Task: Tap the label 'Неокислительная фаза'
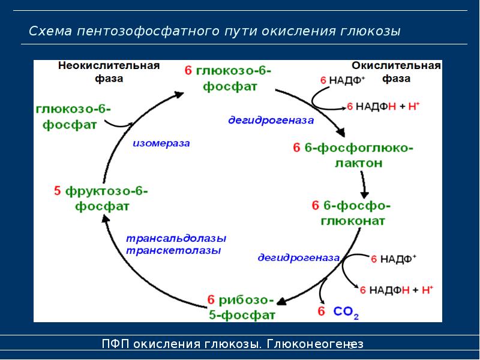click(109, 72)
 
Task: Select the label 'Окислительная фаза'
click(397, 72)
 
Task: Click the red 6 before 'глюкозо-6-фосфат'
click(188, 71)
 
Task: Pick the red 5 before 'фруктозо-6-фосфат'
click(58, 191)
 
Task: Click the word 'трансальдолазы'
click(176, 238)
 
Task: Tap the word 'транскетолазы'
click(173, 250)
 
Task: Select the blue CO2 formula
click(346, 312)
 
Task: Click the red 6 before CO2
click(321, 311)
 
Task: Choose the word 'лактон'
click(358, 163)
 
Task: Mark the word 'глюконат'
click(353, 221)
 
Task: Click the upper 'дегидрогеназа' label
click(271, 121)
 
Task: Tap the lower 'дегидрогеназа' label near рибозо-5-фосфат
click(299, 258)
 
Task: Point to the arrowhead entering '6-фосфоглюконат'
click(364, 193)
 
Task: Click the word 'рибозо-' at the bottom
click(247, 299)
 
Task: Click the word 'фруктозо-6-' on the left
click(106, 191)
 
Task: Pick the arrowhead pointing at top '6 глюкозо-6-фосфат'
click(178, 94)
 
